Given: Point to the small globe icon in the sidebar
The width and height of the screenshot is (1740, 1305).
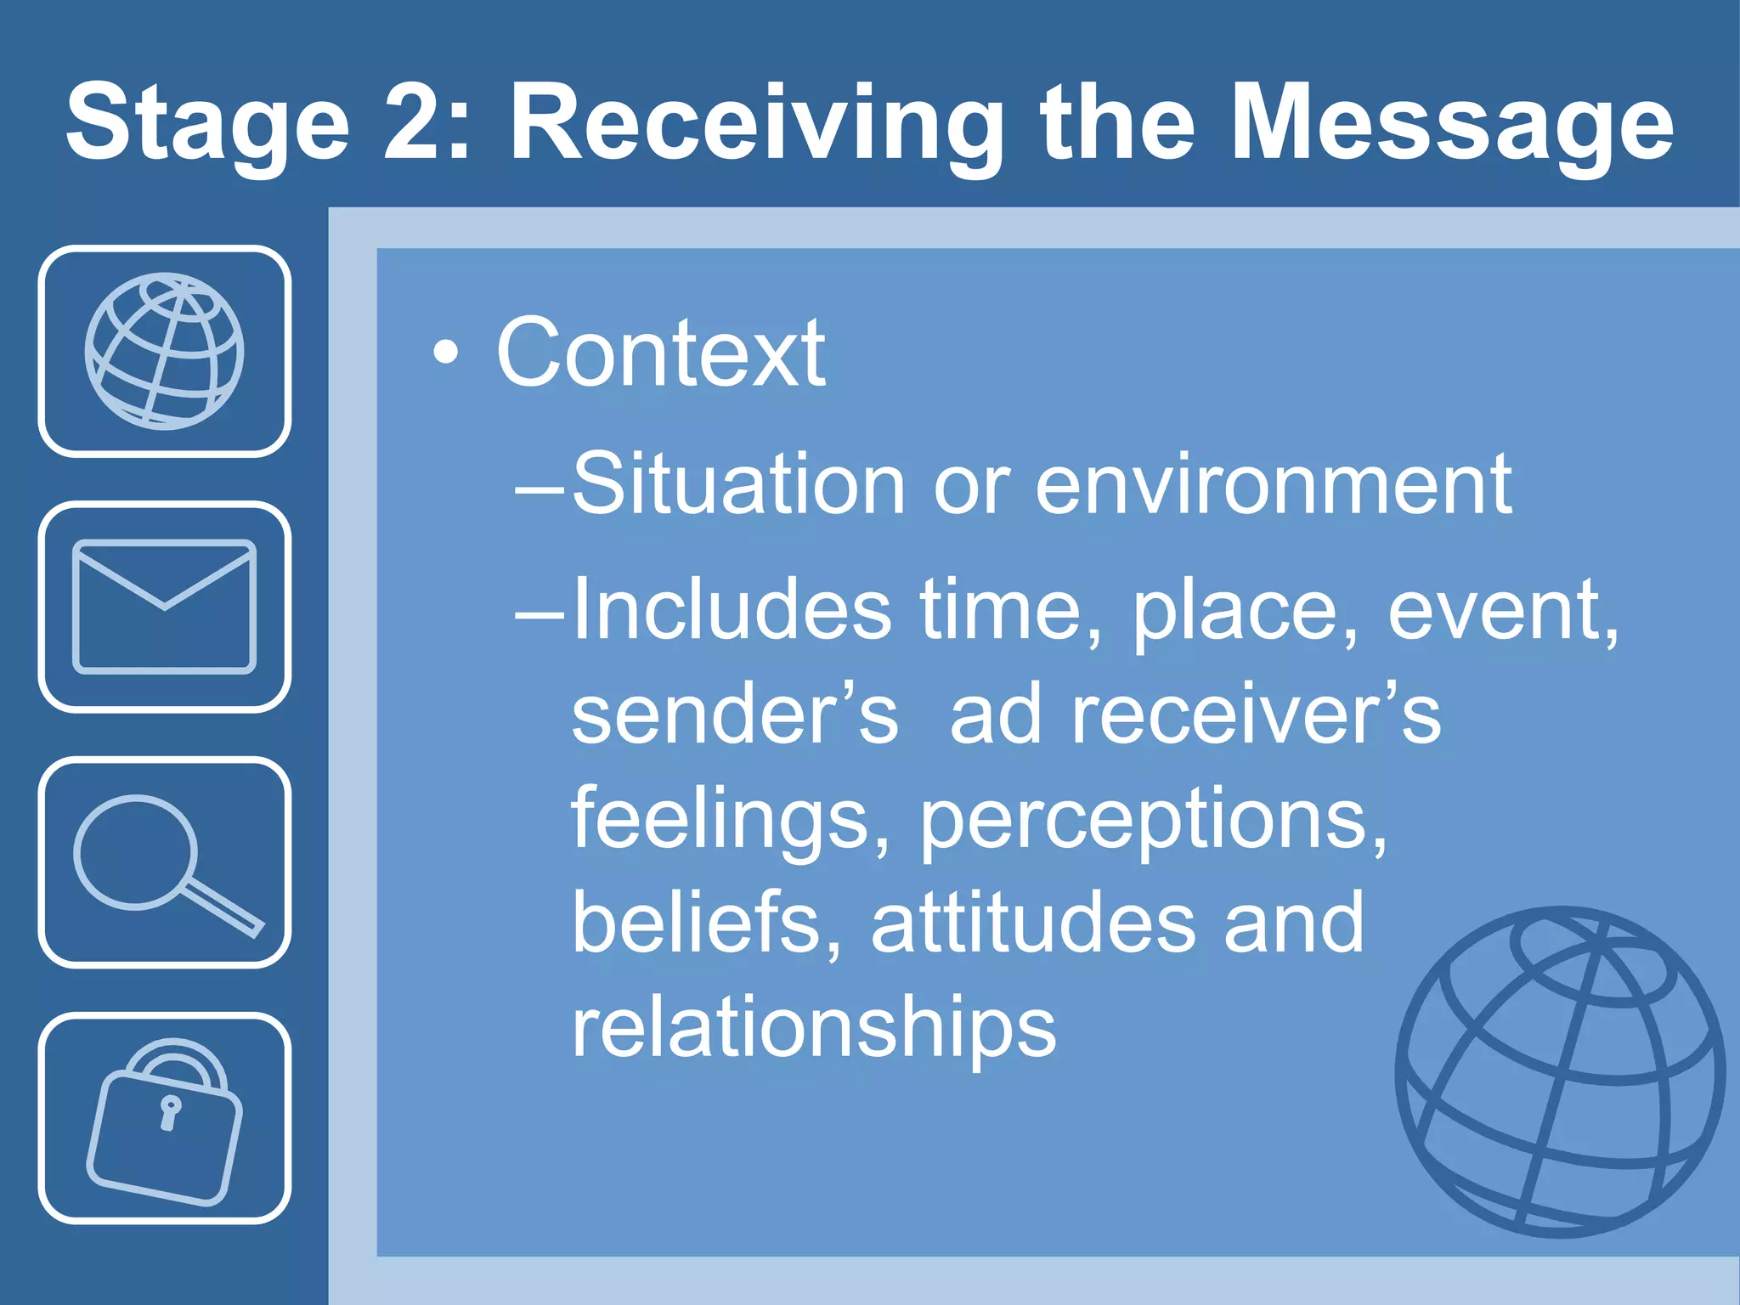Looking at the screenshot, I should (164, 351).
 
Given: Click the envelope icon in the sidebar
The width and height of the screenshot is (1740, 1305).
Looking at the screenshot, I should (164, 607).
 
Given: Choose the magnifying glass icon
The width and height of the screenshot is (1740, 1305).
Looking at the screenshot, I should (164, 862).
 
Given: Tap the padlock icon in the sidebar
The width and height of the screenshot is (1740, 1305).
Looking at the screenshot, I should (164, 1120).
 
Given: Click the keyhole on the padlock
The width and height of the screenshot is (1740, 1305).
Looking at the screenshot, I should (170, 1112).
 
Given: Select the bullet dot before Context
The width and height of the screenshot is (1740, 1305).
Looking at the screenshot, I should (446, 352).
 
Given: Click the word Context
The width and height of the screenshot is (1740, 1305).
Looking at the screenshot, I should (660, 352).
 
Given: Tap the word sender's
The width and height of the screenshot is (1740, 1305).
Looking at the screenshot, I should (734, 714).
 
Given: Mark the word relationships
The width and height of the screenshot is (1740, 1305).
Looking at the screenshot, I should (813, 1027).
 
